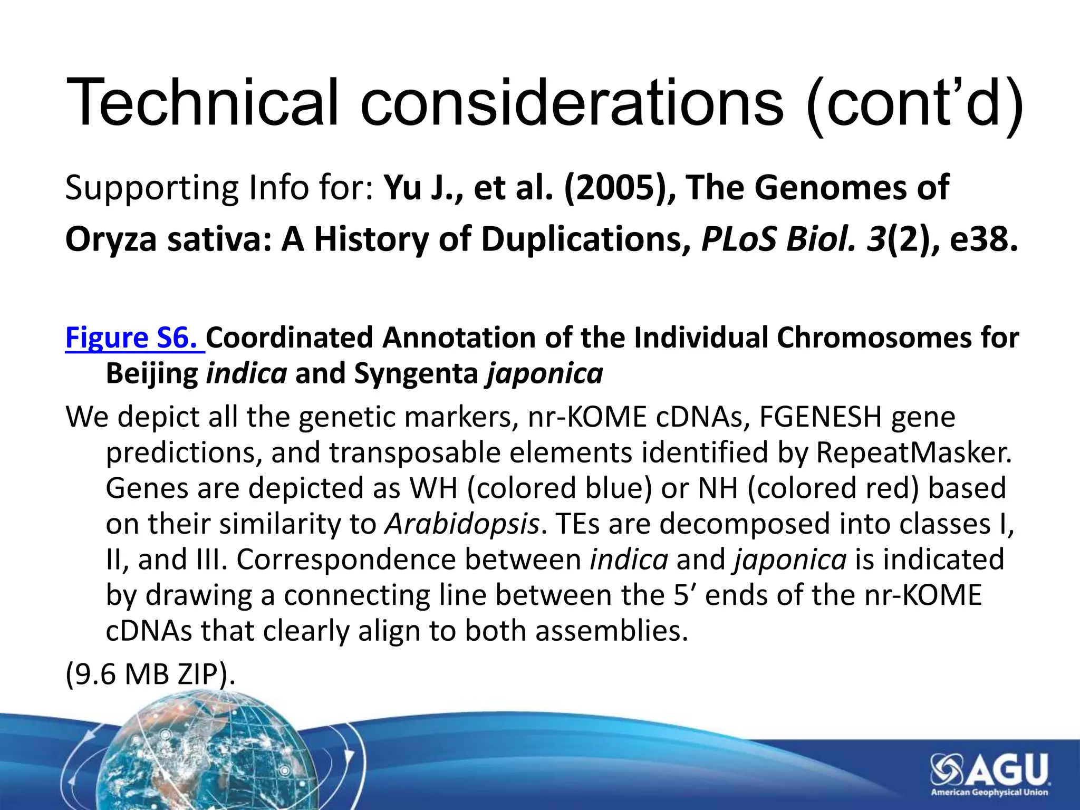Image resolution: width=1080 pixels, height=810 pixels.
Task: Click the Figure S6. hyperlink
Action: point(134,338)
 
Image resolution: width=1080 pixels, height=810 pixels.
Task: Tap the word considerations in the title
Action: point(572,102)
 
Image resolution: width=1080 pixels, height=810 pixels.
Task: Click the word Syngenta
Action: point(416,374)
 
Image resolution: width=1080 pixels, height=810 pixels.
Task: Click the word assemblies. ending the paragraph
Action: point(612,631)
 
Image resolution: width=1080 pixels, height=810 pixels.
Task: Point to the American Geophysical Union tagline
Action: point(989,793)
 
